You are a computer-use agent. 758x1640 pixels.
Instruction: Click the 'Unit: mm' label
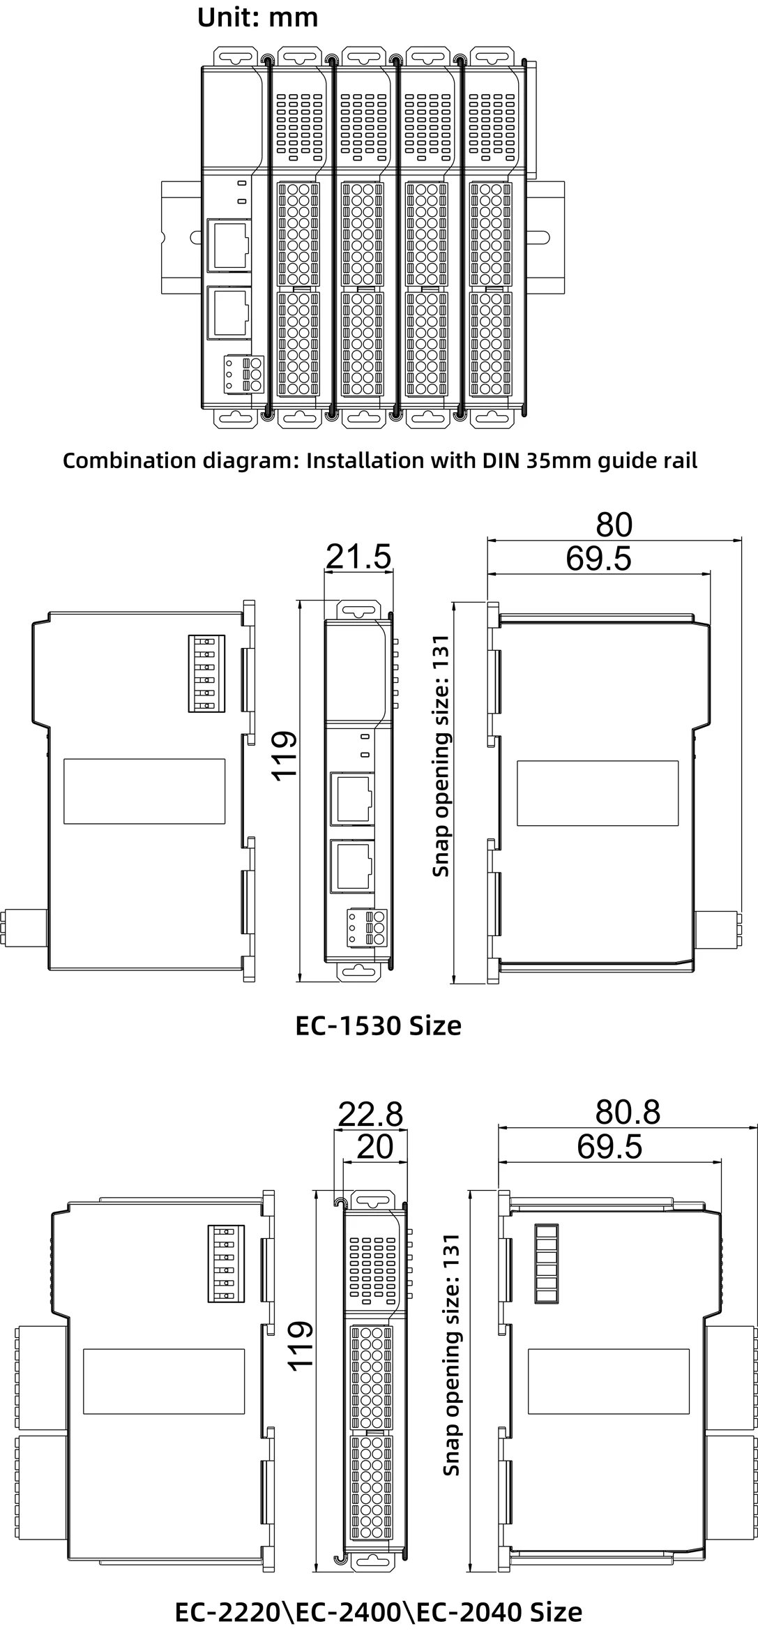pos(257,17)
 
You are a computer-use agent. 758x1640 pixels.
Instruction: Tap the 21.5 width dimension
pos(358,557)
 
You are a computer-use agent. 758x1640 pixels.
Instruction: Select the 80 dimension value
pos(614,525)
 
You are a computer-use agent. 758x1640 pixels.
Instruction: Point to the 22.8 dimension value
pos(370,1114)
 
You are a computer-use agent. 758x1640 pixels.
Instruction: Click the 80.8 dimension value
pos(628,1112)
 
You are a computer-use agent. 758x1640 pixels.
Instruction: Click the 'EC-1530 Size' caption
pos(378,1025)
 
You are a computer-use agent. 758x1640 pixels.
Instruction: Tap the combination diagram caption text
pos(379,461)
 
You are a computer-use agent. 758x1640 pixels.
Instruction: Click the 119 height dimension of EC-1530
pos(285,755)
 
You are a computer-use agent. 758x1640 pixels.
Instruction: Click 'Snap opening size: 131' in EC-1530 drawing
pos(441,755)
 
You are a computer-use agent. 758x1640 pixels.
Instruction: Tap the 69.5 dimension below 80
pos(598,559)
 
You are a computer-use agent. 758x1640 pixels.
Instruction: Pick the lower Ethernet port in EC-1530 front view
pos(352,865)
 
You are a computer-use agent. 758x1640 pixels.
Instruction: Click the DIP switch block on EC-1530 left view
pos(206,673)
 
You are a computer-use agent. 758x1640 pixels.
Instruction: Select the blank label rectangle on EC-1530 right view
pos(598,792)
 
